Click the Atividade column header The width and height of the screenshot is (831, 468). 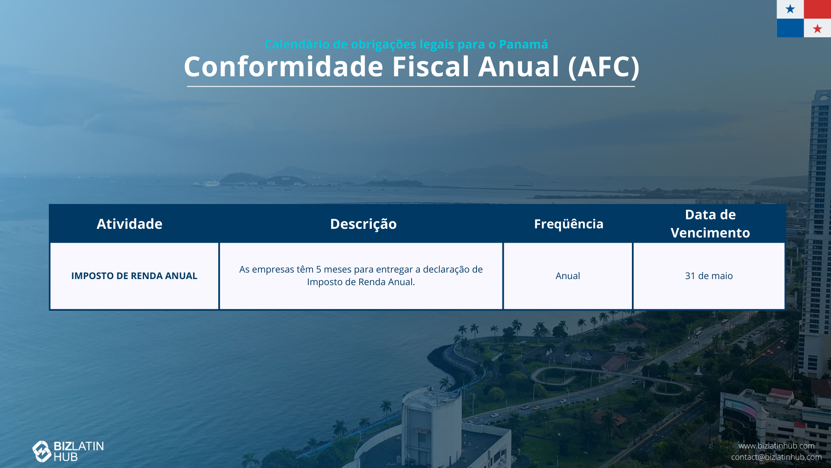pos(129,224)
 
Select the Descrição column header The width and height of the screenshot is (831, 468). pos(363,224)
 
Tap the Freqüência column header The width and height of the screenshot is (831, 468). pos(568,224)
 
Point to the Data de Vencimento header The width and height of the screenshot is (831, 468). pos(710,224)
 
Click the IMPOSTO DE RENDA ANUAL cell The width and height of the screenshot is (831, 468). pos(134,276)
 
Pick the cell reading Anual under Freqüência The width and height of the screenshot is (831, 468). pos(567,276)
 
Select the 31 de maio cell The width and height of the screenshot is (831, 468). pos(709,276)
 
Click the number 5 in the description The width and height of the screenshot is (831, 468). pos(319,269)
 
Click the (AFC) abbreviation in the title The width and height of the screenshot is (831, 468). pos(603,67)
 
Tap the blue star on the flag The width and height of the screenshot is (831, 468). pos(790,9)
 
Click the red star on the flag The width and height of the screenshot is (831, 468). pos(817,29)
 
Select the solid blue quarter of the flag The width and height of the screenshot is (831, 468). pos(790,28)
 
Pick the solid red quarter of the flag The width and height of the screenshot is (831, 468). pos(817,9)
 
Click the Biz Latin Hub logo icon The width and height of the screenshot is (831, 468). pos(42,451)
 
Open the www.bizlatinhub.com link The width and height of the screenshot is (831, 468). pos(776,445)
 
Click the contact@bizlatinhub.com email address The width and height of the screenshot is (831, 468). pos(776,457)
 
